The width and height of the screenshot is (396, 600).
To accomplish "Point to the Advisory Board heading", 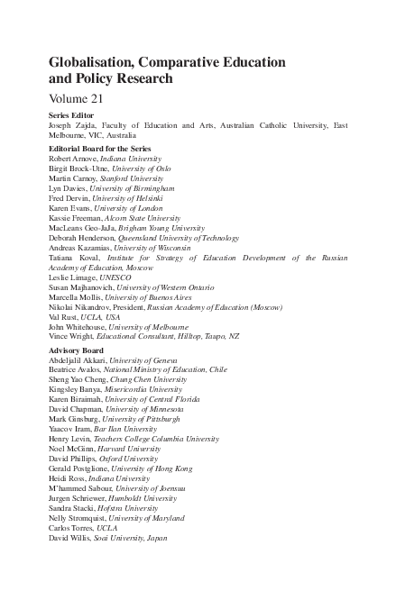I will tap(78, 350).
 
